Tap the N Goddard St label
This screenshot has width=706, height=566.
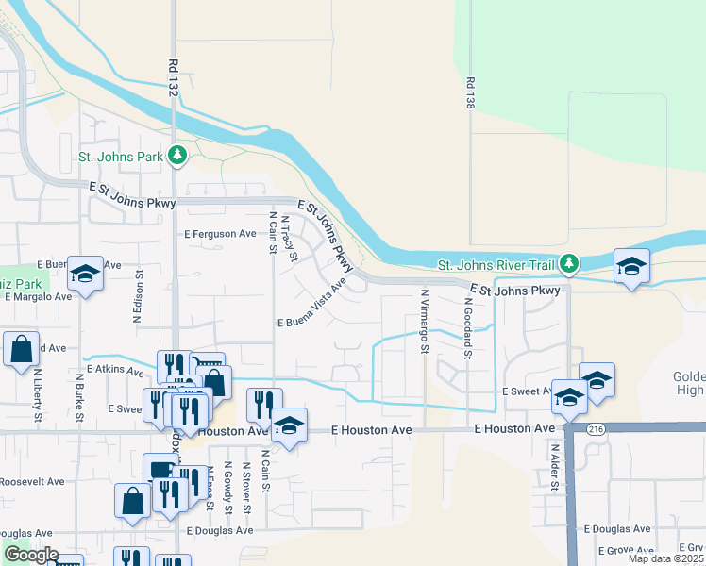pyautogui.click(x=466, y=324)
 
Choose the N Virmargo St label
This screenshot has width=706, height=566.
pyautogui.click(x=424, y=321)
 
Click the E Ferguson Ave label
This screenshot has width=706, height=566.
pyautogui.click(x=221, y=233)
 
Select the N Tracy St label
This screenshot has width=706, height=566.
pyautogui.click(x=291, y=241)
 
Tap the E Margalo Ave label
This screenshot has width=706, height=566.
pyautogui.click(x=39, y=296)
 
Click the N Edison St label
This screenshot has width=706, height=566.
pyautogui.click(x=138, y=299)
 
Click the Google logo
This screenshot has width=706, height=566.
pyautogui.click(x=30, y=555)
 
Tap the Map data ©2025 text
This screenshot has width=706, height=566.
pyautogui.click(x=665, y=558)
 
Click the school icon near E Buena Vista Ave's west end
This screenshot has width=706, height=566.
pyautogui.click(x=85, y=275)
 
